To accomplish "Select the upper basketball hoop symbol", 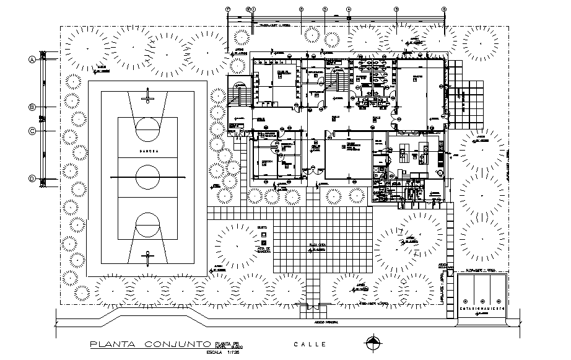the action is point(147,95).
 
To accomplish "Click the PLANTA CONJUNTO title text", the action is point(150,345).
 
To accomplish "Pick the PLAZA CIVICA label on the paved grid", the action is point(317,245).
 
